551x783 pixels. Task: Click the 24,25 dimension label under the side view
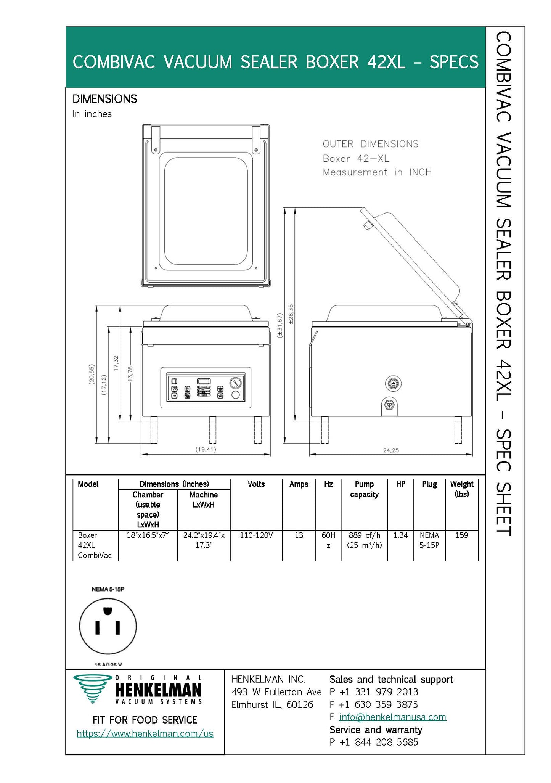tap(391, 450)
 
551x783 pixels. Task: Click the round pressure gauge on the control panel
tap(236, 383)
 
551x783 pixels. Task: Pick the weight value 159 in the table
tap(461, 535)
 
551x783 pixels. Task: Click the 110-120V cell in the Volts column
tap(256, 535)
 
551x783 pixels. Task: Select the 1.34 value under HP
tap(400, 535)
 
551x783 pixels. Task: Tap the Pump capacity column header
tap(364, 489)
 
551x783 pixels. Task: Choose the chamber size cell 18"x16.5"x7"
tap(148, 535)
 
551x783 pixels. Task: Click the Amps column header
tap(299, 484)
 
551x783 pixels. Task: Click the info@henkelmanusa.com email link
tap(392, 717)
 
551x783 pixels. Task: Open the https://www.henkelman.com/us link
tap(145, 733)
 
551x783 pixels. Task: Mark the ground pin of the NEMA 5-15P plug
tap(108, 611)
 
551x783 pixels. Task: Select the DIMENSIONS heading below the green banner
tap(104, 99)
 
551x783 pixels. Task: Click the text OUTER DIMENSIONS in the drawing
tap(370, 144)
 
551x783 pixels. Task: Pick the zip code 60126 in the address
tap(300, 704)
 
